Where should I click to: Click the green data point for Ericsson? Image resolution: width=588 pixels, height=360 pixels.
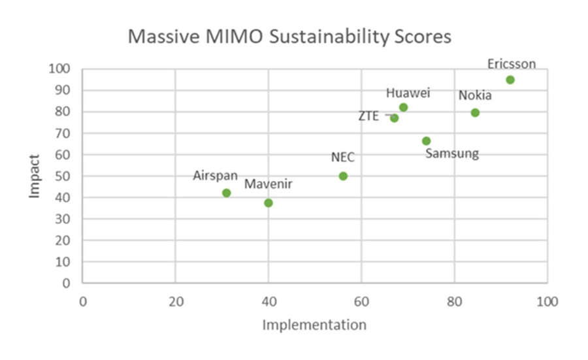click(x=510, y=80)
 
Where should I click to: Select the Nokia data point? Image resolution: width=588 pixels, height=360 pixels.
click(x=475, y=113)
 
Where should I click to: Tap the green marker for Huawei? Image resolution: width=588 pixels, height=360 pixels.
click(x=403, y=107)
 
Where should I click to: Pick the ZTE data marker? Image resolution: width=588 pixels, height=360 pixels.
click(x=394, y=118)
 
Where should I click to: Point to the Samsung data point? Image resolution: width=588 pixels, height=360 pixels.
click(x=427, y=141)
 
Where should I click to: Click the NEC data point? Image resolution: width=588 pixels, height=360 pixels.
click(x=343, y=176)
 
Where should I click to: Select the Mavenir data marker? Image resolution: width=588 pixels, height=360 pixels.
click(x=269, y=203)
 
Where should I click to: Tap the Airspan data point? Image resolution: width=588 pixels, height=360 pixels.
click(x=227, y=193)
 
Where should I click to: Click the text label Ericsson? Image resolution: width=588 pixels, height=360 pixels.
click(x=512, y=63)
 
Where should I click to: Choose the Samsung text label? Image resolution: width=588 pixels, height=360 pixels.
click(x=452, y=154)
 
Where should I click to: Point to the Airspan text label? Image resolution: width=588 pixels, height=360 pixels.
click(x=216, y=176)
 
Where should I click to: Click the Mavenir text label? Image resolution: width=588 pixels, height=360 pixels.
click(x=269, y=185)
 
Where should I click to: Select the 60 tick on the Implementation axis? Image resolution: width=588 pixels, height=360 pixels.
click(x=361, y=302)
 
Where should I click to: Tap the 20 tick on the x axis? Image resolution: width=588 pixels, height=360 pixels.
click(x=175, y=302)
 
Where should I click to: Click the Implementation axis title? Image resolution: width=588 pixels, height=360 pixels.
click(x=314, y=324)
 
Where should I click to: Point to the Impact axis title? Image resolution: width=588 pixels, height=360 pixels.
click(x=37, y=176)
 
